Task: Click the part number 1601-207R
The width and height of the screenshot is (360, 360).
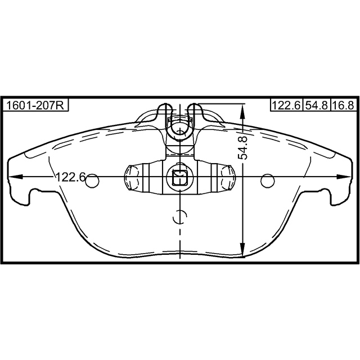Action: [x=35, y=106]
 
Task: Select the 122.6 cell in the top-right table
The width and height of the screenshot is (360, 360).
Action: [x=286, y=105]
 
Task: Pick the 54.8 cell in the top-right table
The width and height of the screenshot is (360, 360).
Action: [x=316, y=105]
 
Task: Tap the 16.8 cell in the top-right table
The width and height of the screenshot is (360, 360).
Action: [x=344, y=105]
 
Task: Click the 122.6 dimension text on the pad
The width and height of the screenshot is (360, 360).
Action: [x=71, y=177]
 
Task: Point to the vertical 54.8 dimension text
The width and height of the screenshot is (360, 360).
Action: [x=242, y=148]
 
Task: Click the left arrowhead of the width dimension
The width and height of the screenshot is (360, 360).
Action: [x=16, y=177]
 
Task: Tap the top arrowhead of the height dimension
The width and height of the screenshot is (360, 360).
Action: [x=242, y=111]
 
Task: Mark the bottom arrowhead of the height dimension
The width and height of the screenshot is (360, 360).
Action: [x=242, y=250]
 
